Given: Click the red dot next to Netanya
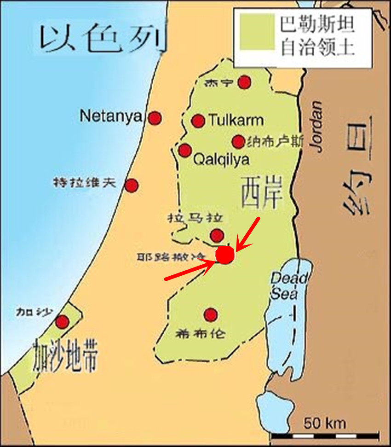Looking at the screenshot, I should (155, 118).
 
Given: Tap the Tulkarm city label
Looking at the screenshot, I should (236, 121).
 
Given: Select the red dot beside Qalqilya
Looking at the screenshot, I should (185, 150).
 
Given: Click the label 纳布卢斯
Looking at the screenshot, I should (275, 142).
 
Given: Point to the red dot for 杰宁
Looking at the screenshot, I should (244, 82).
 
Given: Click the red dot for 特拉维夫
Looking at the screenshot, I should (132, 186).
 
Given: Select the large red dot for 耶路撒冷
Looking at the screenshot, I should (225, 255).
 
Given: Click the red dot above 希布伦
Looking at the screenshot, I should (211, 315).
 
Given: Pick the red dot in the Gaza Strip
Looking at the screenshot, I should (62, 321).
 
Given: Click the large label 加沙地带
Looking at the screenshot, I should (65, 357).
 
